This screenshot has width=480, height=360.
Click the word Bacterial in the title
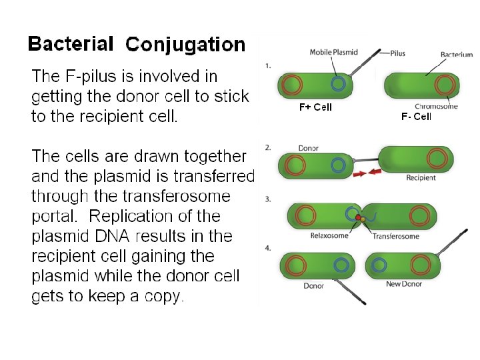tap(70, 44)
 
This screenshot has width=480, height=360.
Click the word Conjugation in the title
tap(185, 45)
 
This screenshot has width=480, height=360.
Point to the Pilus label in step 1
tap(397, 52)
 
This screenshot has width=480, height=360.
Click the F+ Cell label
tap(315, 107)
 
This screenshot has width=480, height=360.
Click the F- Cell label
tap(416, 117)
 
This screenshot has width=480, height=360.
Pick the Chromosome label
tap(436, 106)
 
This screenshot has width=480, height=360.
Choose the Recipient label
tap(421, 177)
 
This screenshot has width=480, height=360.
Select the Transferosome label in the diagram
tap(395, 236)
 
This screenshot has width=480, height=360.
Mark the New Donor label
tap(403, 284)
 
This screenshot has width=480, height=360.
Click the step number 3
tap(268, 199)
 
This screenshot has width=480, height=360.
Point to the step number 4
tap(268, 248)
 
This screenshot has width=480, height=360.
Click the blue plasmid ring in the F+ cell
tap(339, 84)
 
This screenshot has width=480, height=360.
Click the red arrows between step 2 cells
tap(367, 173)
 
